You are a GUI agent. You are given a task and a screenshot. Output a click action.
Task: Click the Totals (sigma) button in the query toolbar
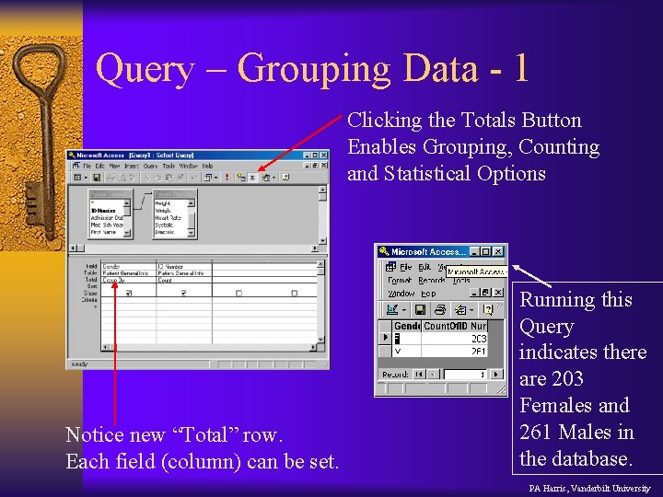click(251, 177)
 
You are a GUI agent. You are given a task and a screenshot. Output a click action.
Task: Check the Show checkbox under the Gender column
click(128, 294)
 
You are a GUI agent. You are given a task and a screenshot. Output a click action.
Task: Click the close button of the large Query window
click(321, 156)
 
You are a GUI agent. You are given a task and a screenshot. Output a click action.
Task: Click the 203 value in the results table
click(479, 339)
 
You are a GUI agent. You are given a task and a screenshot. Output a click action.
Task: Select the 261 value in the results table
click(479, 351)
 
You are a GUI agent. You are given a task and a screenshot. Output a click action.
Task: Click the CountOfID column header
click(446, 326)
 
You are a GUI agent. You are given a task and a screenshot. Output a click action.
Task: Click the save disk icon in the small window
click(420, 310)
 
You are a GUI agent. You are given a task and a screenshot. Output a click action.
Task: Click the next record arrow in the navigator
click(494, 375)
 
